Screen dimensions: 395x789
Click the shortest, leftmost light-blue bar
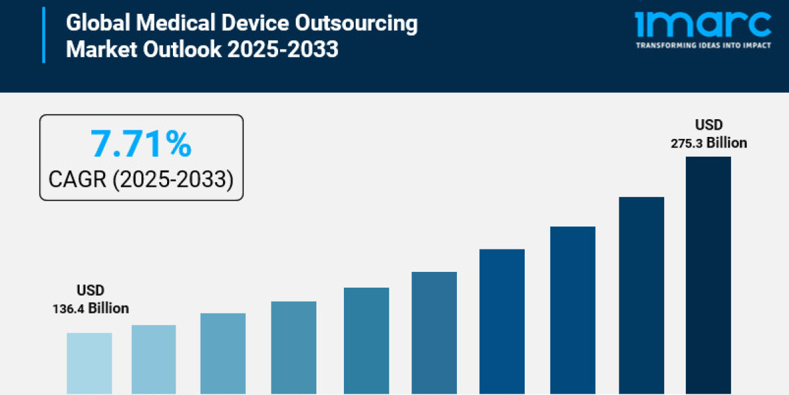click(x=89, y=363)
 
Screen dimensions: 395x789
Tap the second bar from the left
click(x=154, y=359)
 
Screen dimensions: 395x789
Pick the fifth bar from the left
click(x=366, y=340)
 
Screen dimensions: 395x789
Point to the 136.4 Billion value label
click(x=91, y=308)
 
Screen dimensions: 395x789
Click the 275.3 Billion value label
click(x=709, y=142)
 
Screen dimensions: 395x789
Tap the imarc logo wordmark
click(x=703, y=24)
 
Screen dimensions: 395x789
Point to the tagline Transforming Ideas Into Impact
click(x=703, y=45)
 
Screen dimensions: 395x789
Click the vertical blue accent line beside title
click(x=44, y=36)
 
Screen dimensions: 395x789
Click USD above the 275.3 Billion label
click(x=709, y=125)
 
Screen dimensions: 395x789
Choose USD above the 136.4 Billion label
click(x=91, y=290)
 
